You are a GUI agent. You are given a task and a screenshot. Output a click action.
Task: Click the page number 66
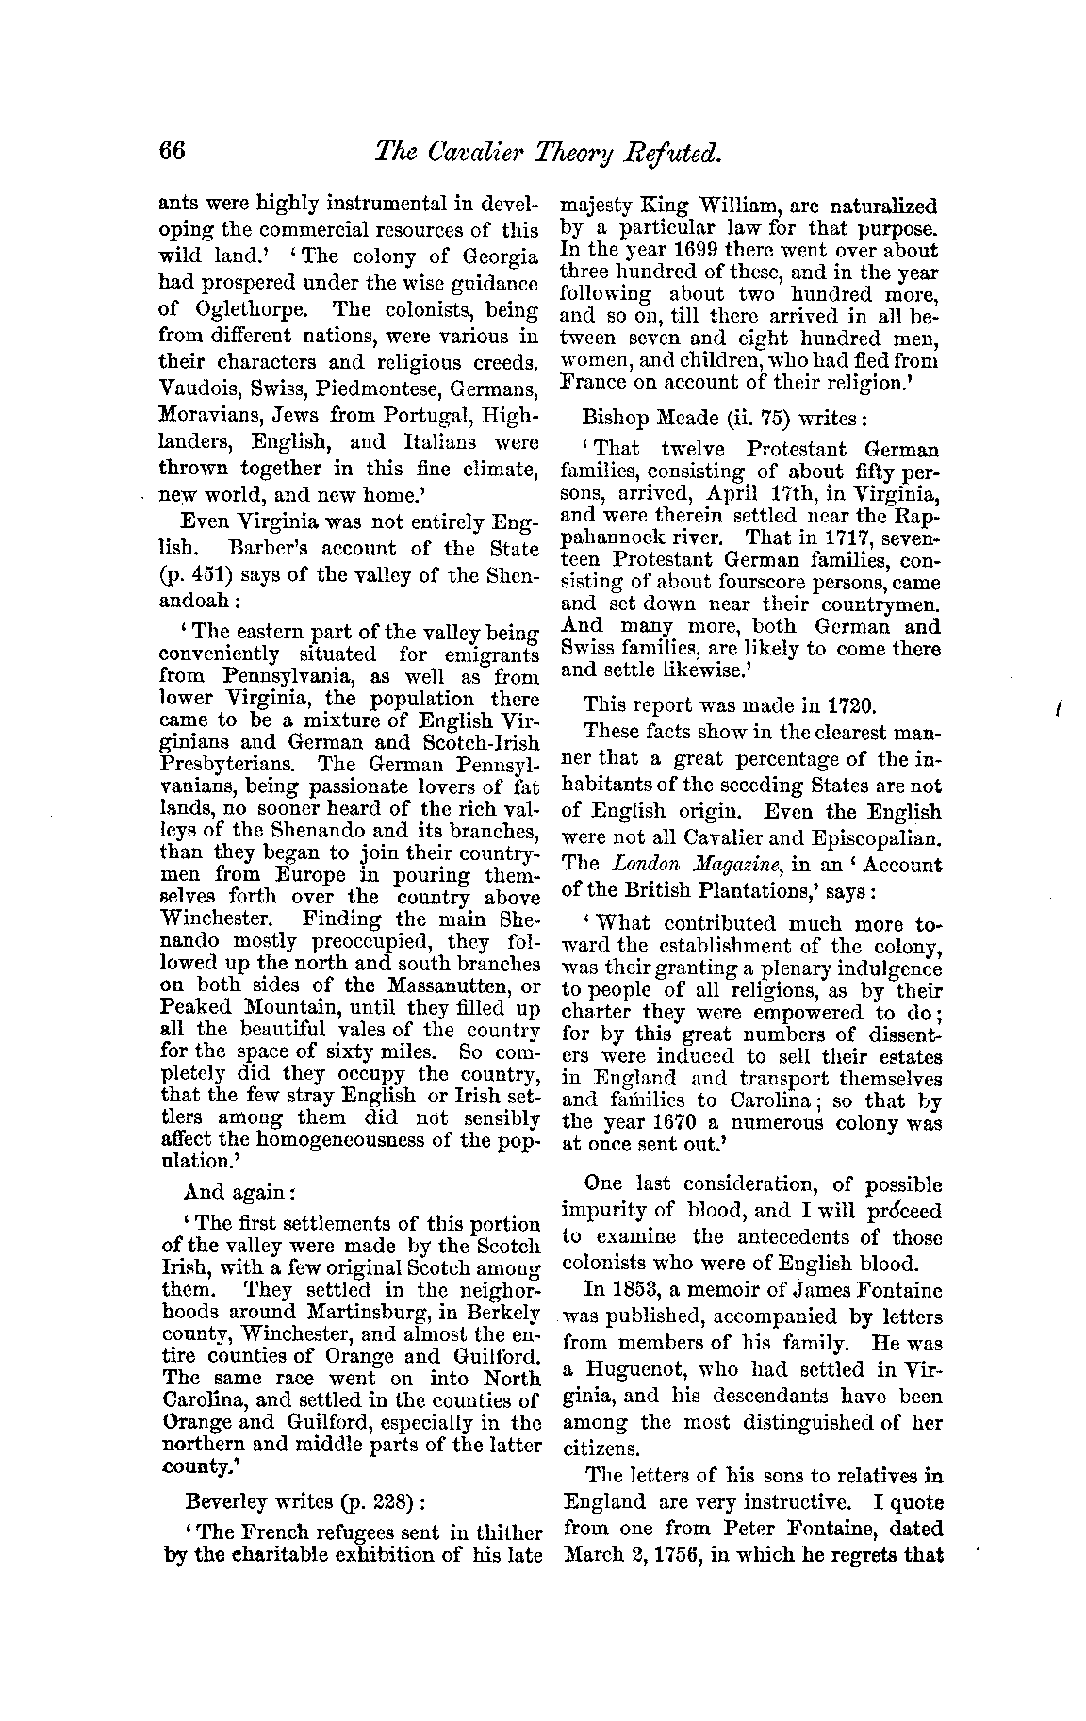[x=173, y=153]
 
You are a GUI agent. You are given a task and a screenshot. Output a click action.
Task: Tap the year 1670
[x=675, y=1123]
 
